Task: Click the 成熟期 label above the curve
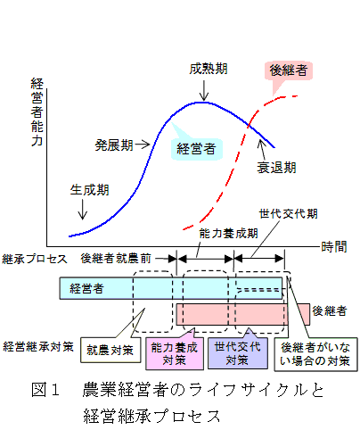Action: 209,69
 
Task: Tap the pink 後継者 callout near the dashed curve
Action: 289,71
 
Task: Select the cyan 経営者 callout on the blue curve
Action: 196,149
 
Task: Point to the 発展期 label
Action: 114,145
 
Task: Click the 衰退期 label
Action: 276,168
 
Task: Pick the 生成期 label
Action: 90,190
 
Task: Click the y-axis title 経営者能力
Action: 37,112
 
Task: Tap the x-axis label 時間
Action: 334,247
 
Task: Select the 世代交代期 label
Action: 289,213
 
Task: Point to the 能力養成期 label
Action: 228,234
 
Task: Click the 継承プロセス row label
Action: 35,259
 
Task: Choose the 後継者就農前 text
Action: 116,259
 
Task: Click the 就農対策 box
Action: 110,350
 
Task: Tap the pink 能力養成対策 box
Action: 175,353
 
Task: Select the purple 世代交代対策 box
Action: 238,353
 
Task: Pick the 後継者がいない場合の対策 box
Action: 315,354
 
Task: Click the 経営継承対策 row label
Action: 38,347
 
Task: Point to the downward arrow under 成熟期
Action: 204,90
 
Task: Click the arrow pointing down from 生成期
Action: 83,209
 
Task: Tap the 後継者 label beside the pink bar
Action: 330,311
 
